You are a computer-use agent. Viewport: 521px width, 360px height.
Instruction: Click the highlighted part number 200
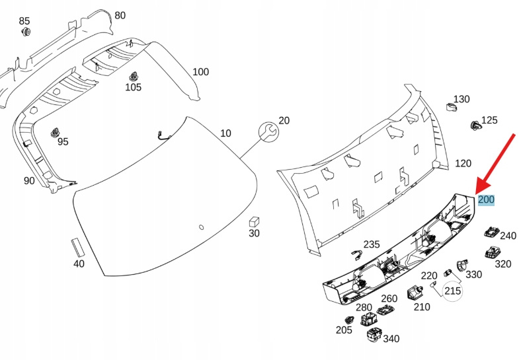[x=486, y=199]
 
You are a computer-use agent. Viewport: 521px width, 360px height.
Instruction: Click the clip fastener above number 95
[x=54, y=131]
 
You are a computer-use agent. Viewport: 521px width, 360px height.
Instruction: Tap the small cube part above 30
[x=254, y=221]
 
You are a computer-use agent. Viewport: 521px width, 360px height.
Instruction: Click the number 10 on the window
[x=226, y=133]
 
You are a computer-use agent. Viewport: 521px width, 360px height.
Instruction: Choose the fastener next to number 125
[x=474, y=125]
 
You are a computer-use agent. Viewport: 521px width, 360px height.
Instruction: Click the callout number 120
[x=463, y=163]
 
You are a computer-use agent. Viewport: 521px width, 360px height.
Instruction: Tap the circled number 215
[x=452, y=290]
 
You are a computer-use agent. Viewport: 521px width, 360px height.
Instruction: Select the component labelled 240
[x=491, y=231]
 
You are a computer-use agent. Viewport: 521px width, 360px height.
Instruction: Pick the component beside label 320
[x=492, y=252]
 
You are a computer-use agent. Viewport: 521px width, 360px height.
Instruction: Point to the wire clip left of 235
[x=356, y=254]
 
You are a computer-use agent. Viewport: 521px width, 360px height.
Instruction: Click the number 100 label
[x=200, y=71]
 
